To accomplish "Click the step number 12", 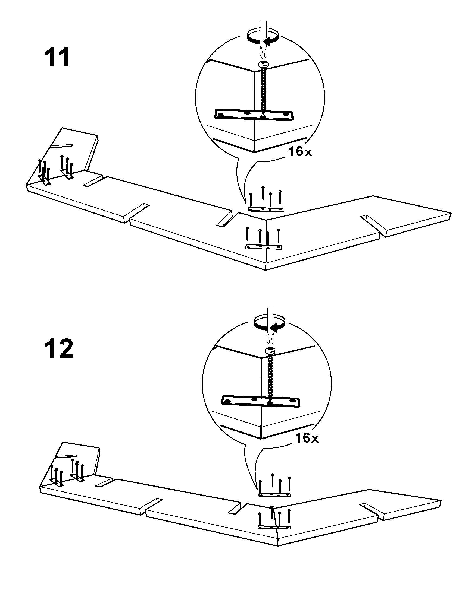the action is tap(59, 349).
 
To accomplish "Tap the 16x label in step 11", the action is tap(300, 152).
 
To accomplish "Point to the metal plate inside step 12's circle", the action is tap(261, 401).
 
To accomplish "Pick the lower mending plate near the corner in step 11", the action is tap(264, 247).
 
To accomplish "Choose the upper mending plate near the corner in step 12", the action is tap(275, 495).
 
